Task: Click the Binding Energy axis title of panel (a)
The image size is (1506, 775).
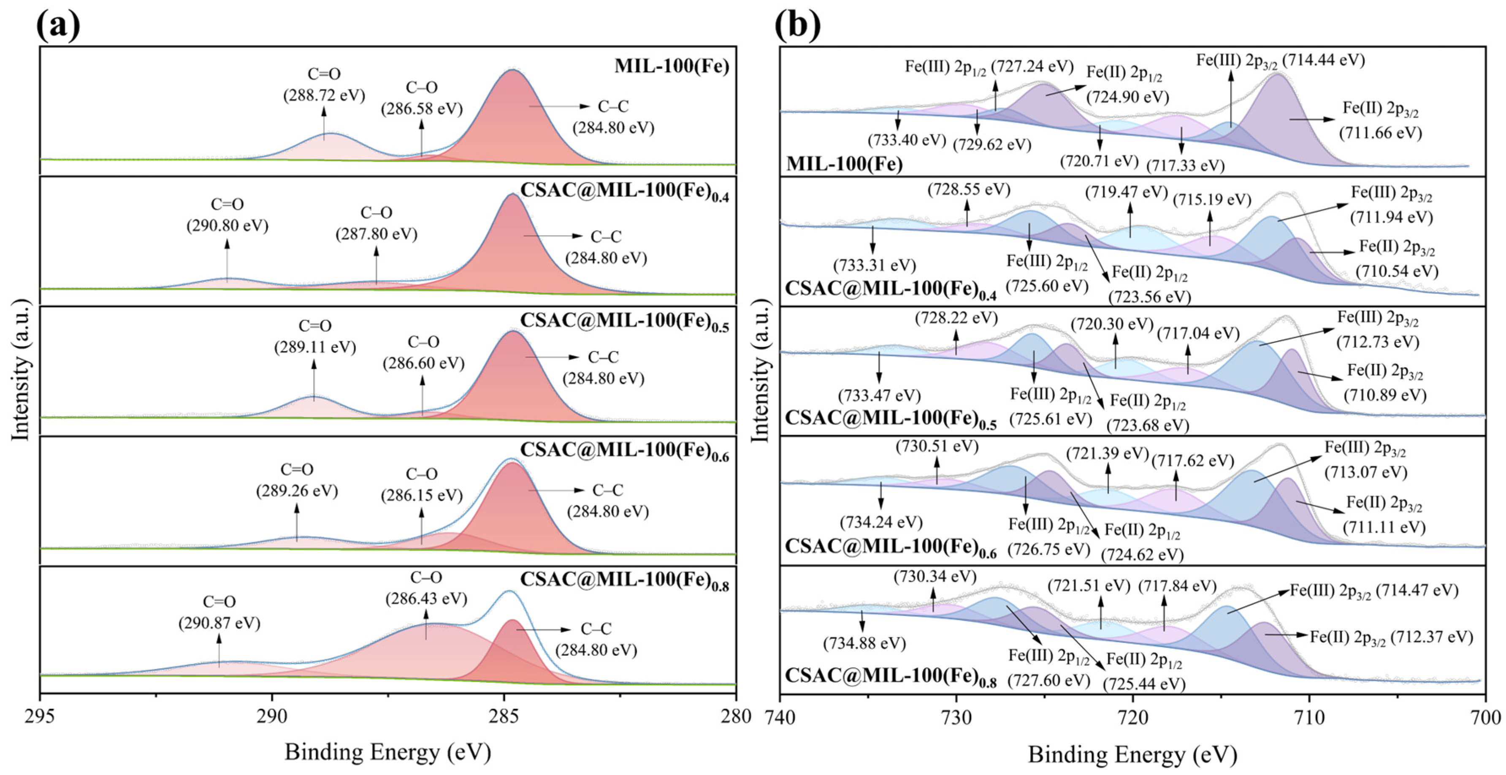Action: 387,752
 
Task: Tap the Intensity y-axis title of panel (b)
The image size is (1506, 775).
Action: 759,370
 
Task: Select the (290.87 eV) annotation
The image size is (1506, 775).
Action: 219,623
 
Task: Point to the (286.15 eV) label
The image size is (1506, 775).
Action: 422,495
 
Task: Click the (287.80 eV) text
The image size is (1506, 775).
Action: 376,234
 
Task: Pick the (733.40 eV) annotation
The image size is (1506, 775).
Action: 906,140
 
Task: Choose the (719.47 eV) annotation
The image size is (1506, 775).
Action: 1126,192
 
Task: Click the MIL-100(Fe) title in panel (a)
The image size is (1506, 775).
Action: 672,66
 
